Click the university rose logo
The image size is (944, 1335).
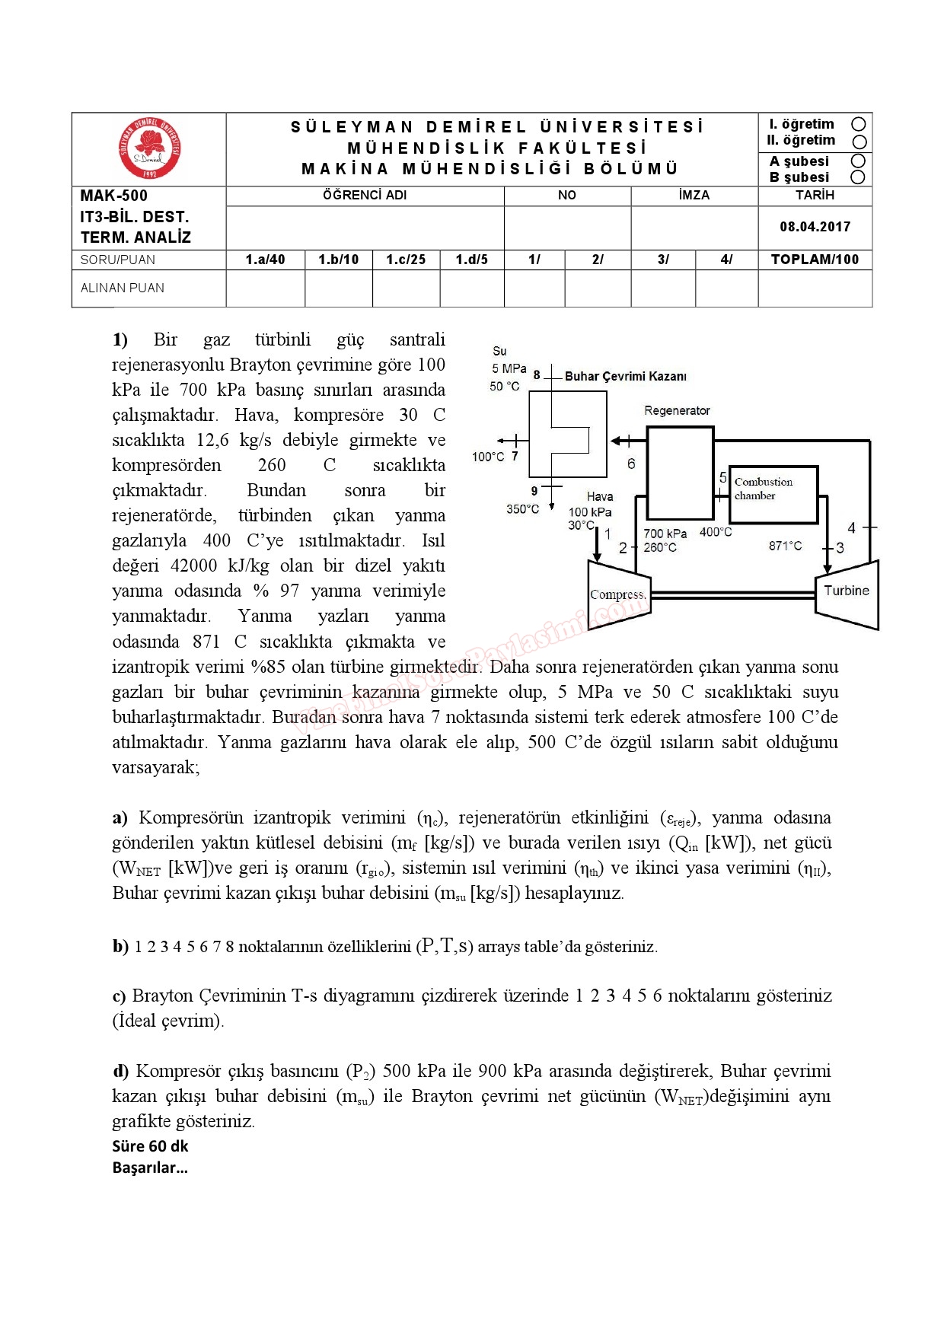150,148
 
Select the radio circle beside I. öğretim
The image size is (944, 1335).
859,124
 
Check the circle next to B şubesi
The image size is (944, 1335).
858,177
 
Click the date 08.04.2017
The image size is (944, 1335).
815,227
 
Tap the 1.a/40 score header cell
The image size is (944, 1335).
265,260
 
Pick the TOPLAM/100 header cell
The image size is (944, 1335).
815,260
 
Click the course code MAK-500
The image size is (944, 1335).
114,196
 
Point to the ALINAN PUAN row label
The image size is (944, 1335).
123,288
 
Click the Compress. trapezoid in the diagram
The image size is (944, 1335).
617,594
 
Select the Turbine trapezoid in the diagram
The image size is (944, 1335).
847,591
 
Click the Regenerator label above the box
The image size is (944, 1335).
677,411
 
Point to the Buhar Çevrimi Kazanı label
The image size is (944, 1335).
625,376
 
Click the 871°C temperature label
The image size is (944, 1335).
785,546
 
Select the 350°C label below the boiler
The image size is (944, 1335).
522,509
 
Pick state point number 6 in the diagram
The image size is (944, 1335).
631,464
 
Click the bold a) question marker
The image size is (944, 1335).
120,818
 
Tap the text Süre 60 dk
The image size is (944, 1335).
150,1146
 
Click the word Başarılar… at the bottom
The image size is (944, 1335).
150,1168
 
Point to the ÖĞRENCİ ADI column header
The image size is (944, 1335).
365,196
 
